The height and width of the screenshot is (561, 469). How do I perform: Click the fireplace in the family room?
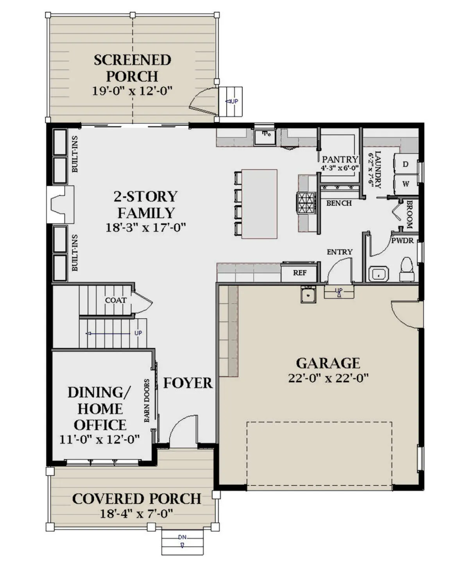[x=61, y=204]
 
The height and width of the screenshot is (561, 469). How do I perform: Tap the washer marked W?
[x=405, y=184]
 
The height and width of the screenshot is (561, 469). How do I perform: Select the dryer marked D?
[x=405, y=164]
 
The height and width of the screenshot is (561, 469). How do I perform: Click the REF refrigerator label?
[x=299, y=273]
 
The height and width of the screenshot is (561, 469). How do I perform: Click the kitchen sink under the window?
[x=265, y=137]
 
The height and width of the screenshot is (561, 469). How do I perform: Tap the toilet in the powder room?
[x=407, y=269]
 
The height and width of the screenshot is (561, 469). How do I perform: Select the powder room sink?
[x=378, y=274]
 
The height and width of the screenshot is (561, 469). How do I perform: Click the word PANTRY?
[x=340, y=160]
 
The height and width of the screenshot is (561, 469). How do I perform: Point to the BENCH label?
[x=339, y=203]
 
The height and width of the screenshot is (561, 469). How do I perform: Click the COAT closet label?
[x=116, y=300]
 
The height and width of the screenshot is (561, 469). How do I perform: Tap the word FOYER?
[x=188, y=383]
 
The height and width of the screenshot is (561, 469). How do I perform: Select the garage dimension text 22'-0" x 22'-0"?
[x=328, y=378]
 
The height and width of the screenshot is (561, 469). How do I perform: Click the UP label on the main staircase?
[x=138, y=333]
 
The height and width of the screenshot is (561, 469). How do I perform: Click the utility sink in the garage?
[x=308, y=294]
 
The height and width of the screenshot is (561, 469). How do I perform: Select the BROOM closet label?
[x=409, y=214]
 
